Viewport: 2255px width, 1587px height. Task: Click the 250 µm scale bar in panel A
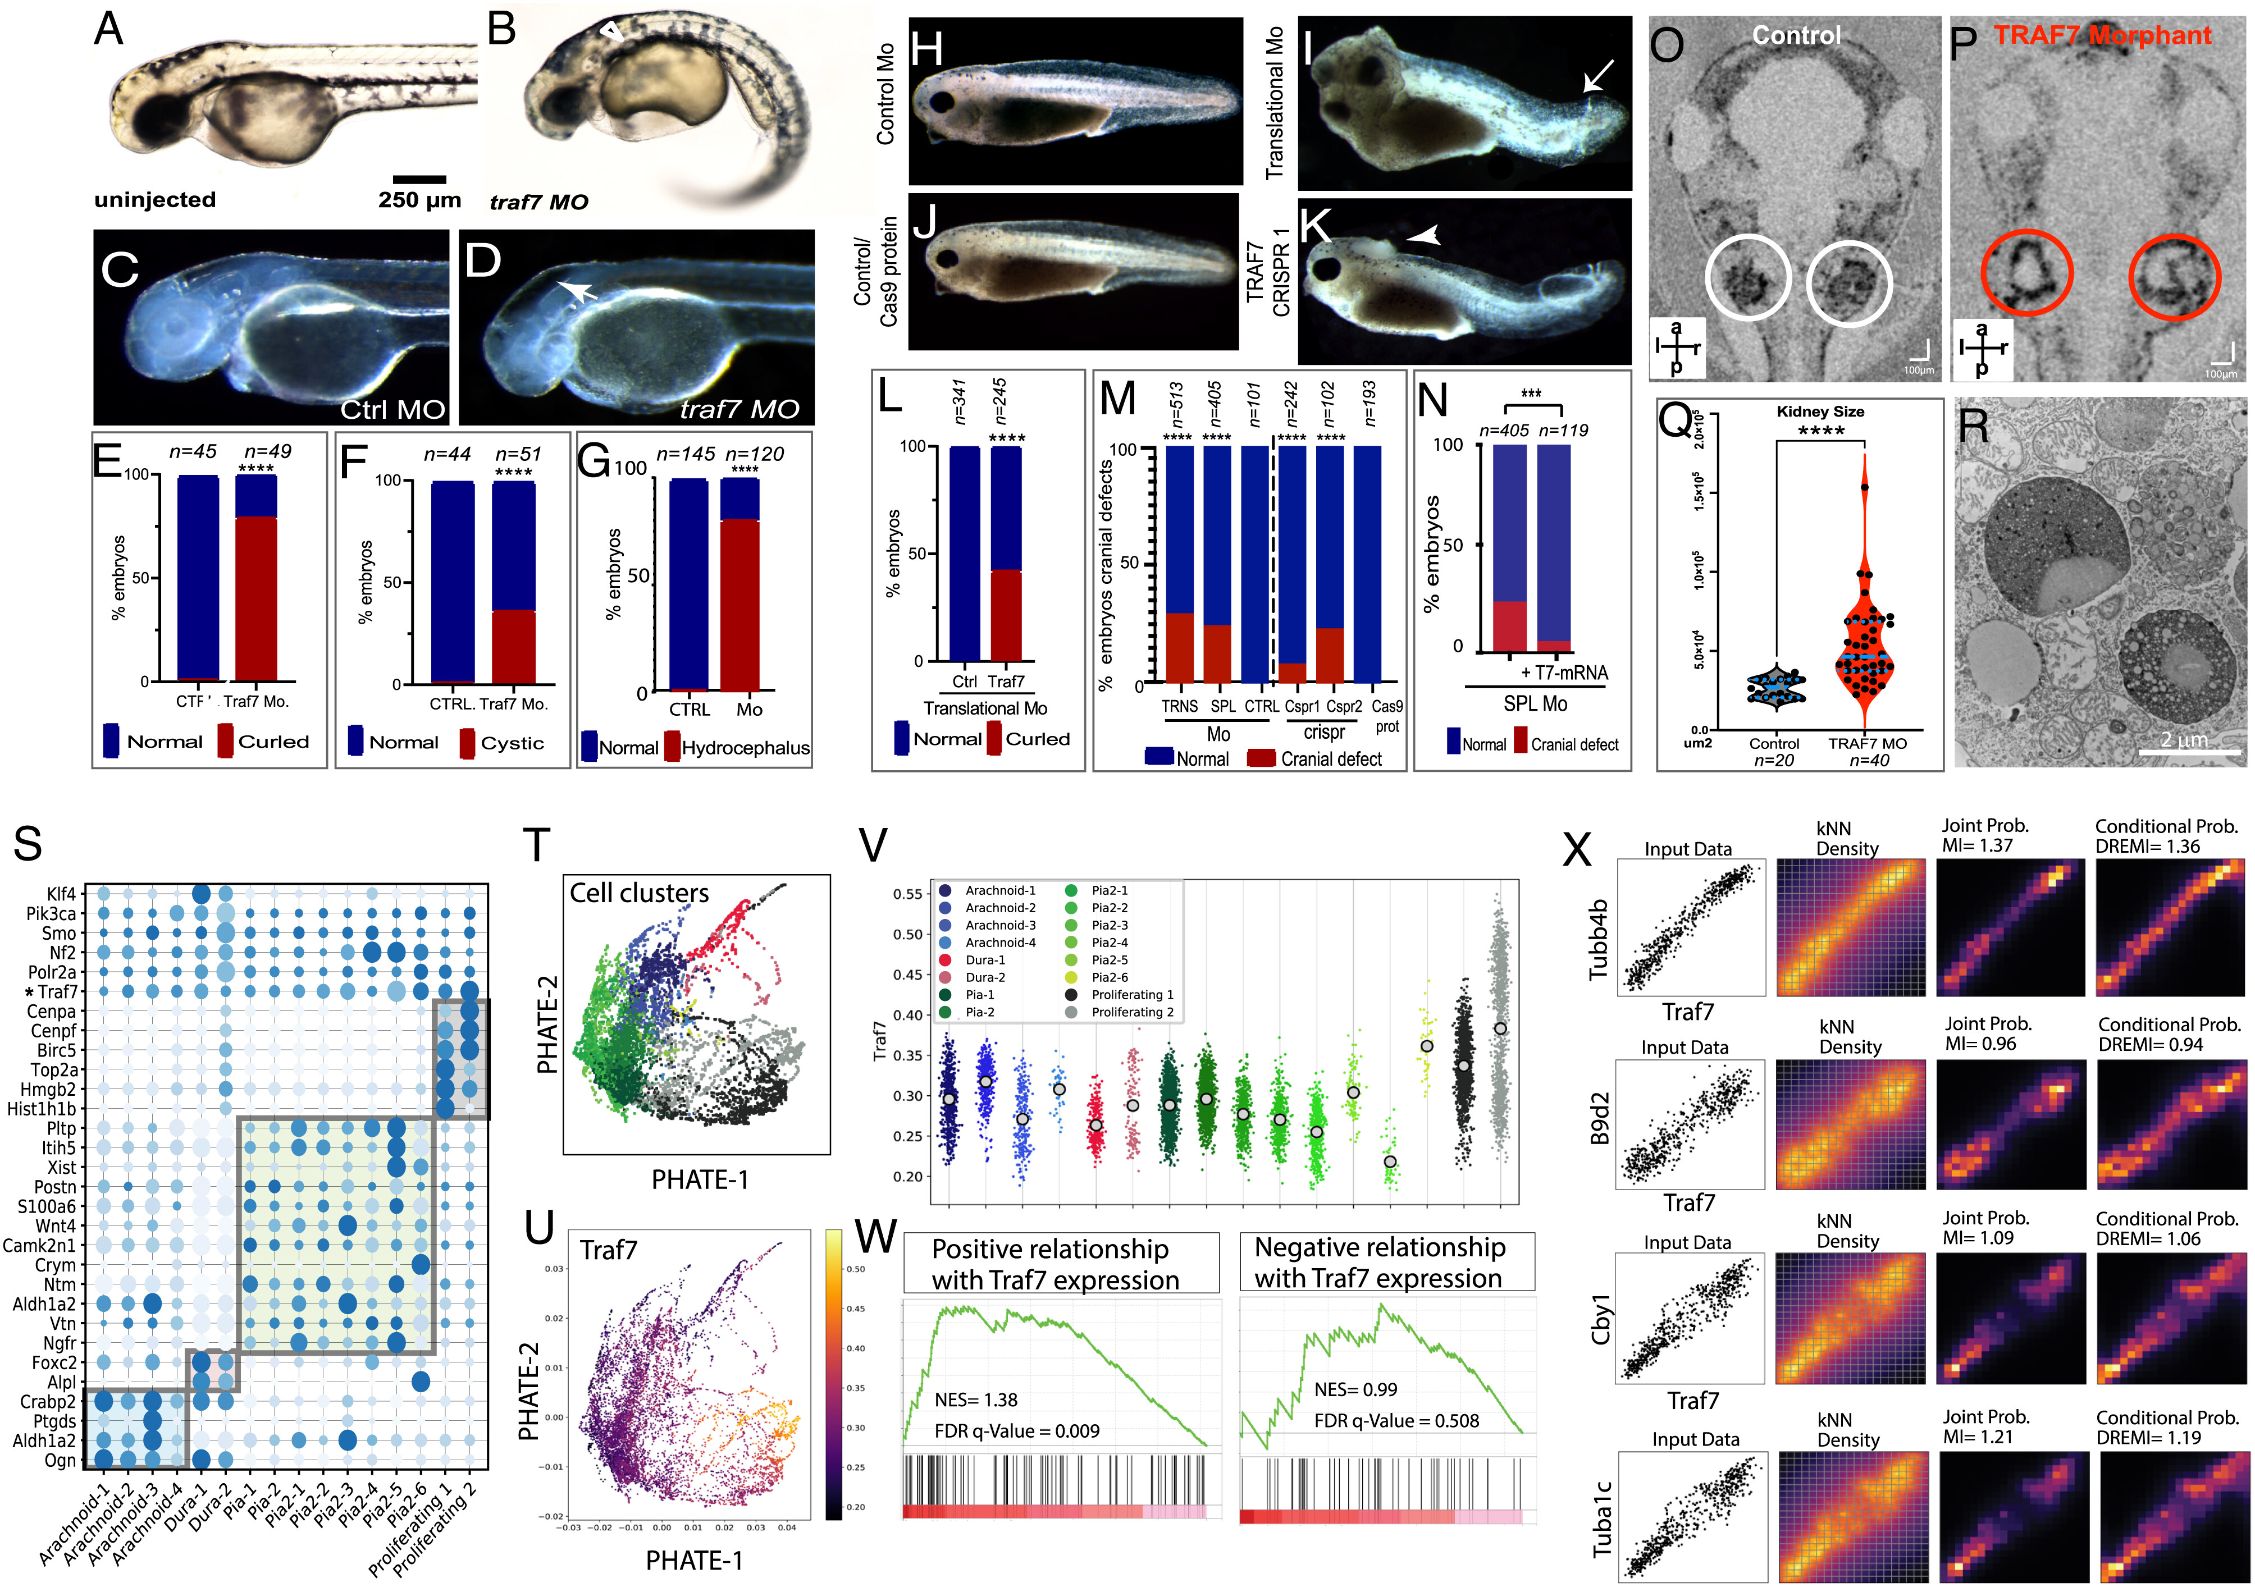419,179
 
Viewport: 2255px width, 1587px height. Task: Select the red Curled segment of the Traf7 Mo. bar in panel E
257,599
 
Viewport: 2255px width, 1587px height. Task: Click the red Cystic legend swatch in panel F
468,743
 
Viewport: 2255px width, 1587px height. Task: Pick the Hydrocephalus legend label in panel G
746,748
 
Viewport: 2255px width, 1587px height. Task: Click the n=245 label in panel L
1000,401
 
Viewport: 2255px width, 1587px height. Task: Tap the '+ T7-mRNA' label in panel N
1564,673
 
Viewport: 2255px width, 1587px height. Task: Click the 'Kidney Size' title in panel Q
1820,411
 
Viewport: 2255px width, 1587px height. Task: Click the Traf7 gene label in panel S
57,992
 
